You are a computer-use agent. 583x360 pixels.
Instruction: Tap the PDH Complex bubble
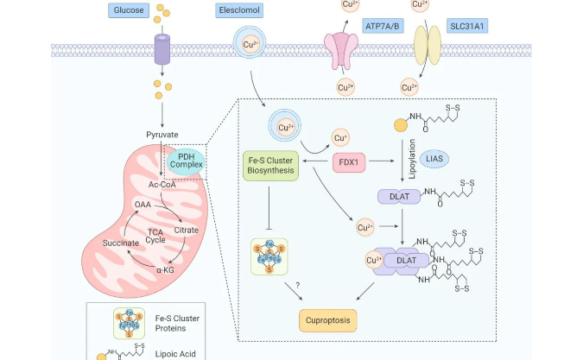(186, 159)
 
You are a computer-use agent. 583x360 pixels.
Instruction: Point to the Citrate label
(186, 231)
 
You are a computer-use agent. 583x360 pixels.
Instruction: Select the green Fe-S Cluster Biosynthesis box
(269, 163)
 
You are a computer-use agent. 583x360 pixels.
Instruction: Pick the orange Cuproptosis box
(327, 322)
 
